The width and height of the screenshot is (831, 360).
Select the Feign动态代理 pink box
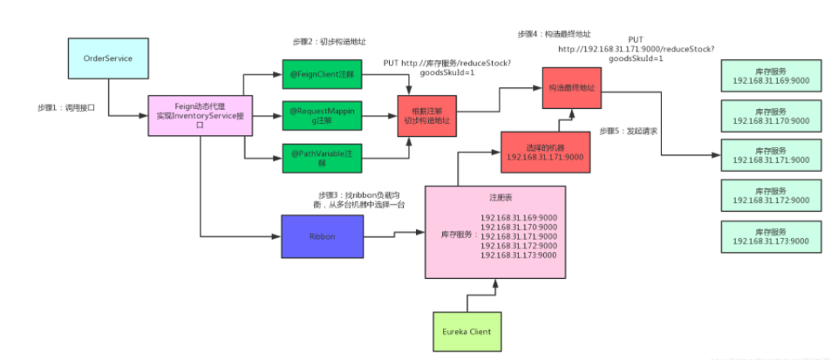(x=201, y=114)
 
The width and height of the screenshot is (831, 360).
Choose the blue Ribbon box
(x=322, y=235)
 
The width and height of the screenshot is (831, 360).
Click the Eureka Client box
(x=468, y=330)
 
